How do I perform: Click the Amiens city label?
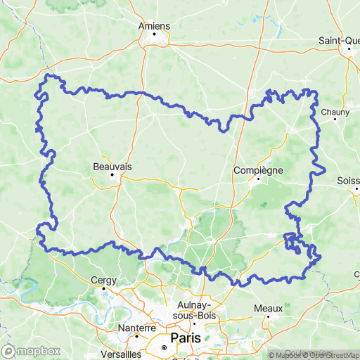155,26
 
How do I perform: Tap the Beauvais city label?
112,167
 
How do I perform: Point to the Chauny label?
329,112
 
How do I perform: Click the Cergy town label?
103,280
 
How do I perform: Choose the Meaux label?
269,308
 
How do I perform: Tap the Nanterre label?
137,328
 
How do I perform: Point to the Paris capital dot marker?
165,347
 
